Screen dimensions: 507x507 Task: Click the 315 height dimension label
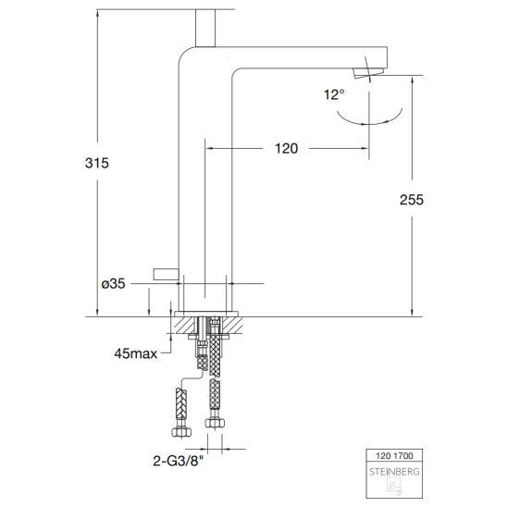(x=97, y=163)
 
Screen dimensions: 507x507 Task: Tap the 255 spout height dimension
(x=412, y=200)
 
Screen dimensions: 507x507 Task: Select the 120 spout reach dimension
(x=286, y=149)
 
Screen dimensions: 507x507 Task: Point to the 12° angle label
(x=334, y=94)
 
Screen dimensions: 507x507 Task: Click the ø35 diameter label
(x=113, y=284)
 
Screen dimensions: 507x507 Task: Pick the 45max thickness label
(x=135, y=353)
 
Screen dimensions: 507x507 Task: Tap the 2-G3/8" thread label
(x=179, y=461)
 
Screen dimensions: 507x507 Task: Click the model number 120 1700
(x=394, y=456)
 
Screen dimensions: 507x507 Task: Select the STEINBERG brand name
(x=394, y=472)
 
